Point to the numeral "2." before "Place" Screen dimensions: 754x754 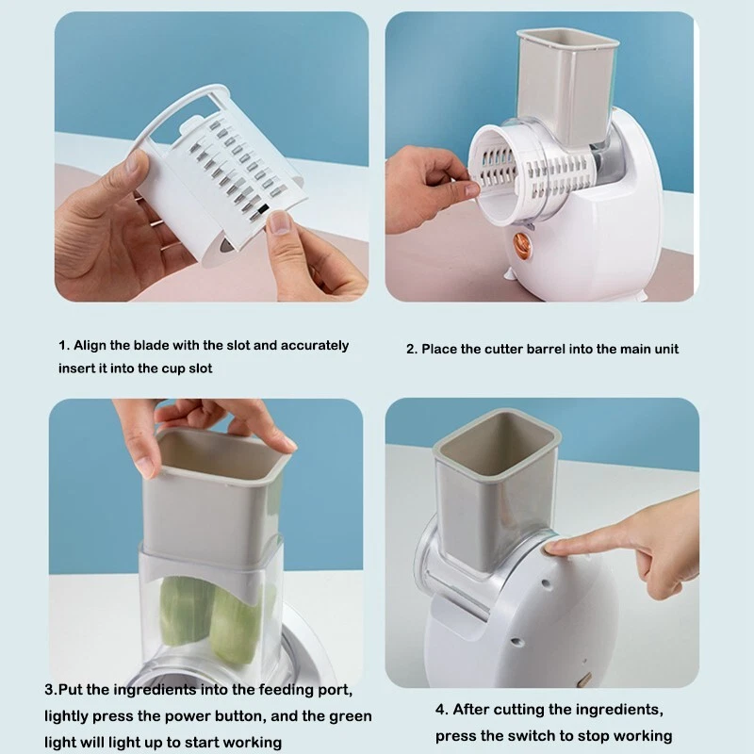412,349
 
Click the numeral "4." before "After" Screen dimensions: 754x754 442,710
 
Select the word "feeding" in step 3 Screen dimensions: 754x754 287,691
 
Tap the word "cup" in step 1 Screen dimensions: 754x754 172,369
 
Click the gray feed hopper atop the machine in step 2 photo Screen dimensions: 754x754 567,84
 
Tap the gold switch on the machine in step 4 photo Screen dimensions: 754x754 585,679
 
